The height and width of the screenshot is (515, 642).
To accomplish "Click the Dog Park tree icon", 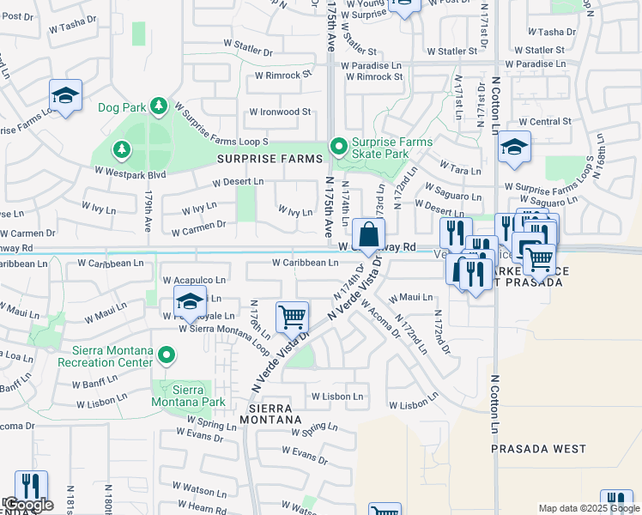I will pos(158,106).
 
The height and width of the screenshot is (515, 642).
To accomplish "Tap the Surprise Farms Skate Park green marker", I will pos(338,148).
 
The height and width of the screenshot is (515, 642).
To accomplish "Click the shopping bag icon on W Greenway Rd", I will pos(368,234).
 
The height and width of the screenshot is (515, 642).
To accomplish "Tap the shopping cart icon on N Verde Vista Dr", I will pos(292,317).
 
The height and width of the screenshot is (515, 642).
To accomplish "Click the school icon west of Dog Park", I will pos(65,94).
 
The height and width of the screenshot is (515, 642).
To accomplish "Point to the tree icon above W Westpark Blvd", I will pos(122,150).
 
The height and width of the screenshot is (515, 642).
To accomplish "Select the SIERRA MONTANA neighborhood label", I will pos(276,414).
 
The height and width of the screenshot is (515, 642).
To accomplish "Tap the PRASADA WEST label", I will pos(538,449).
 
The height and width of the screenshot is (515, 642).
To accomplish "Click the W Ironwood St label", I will pos(280,112).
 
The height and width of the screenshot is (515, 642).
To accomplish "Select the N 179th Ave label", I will pos(148,213).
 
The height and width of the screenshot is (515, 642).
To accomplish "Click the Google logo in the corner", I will pos(28,505).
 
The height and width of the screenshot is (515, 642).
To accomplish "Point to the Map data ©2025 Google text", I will pos(588,508).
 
